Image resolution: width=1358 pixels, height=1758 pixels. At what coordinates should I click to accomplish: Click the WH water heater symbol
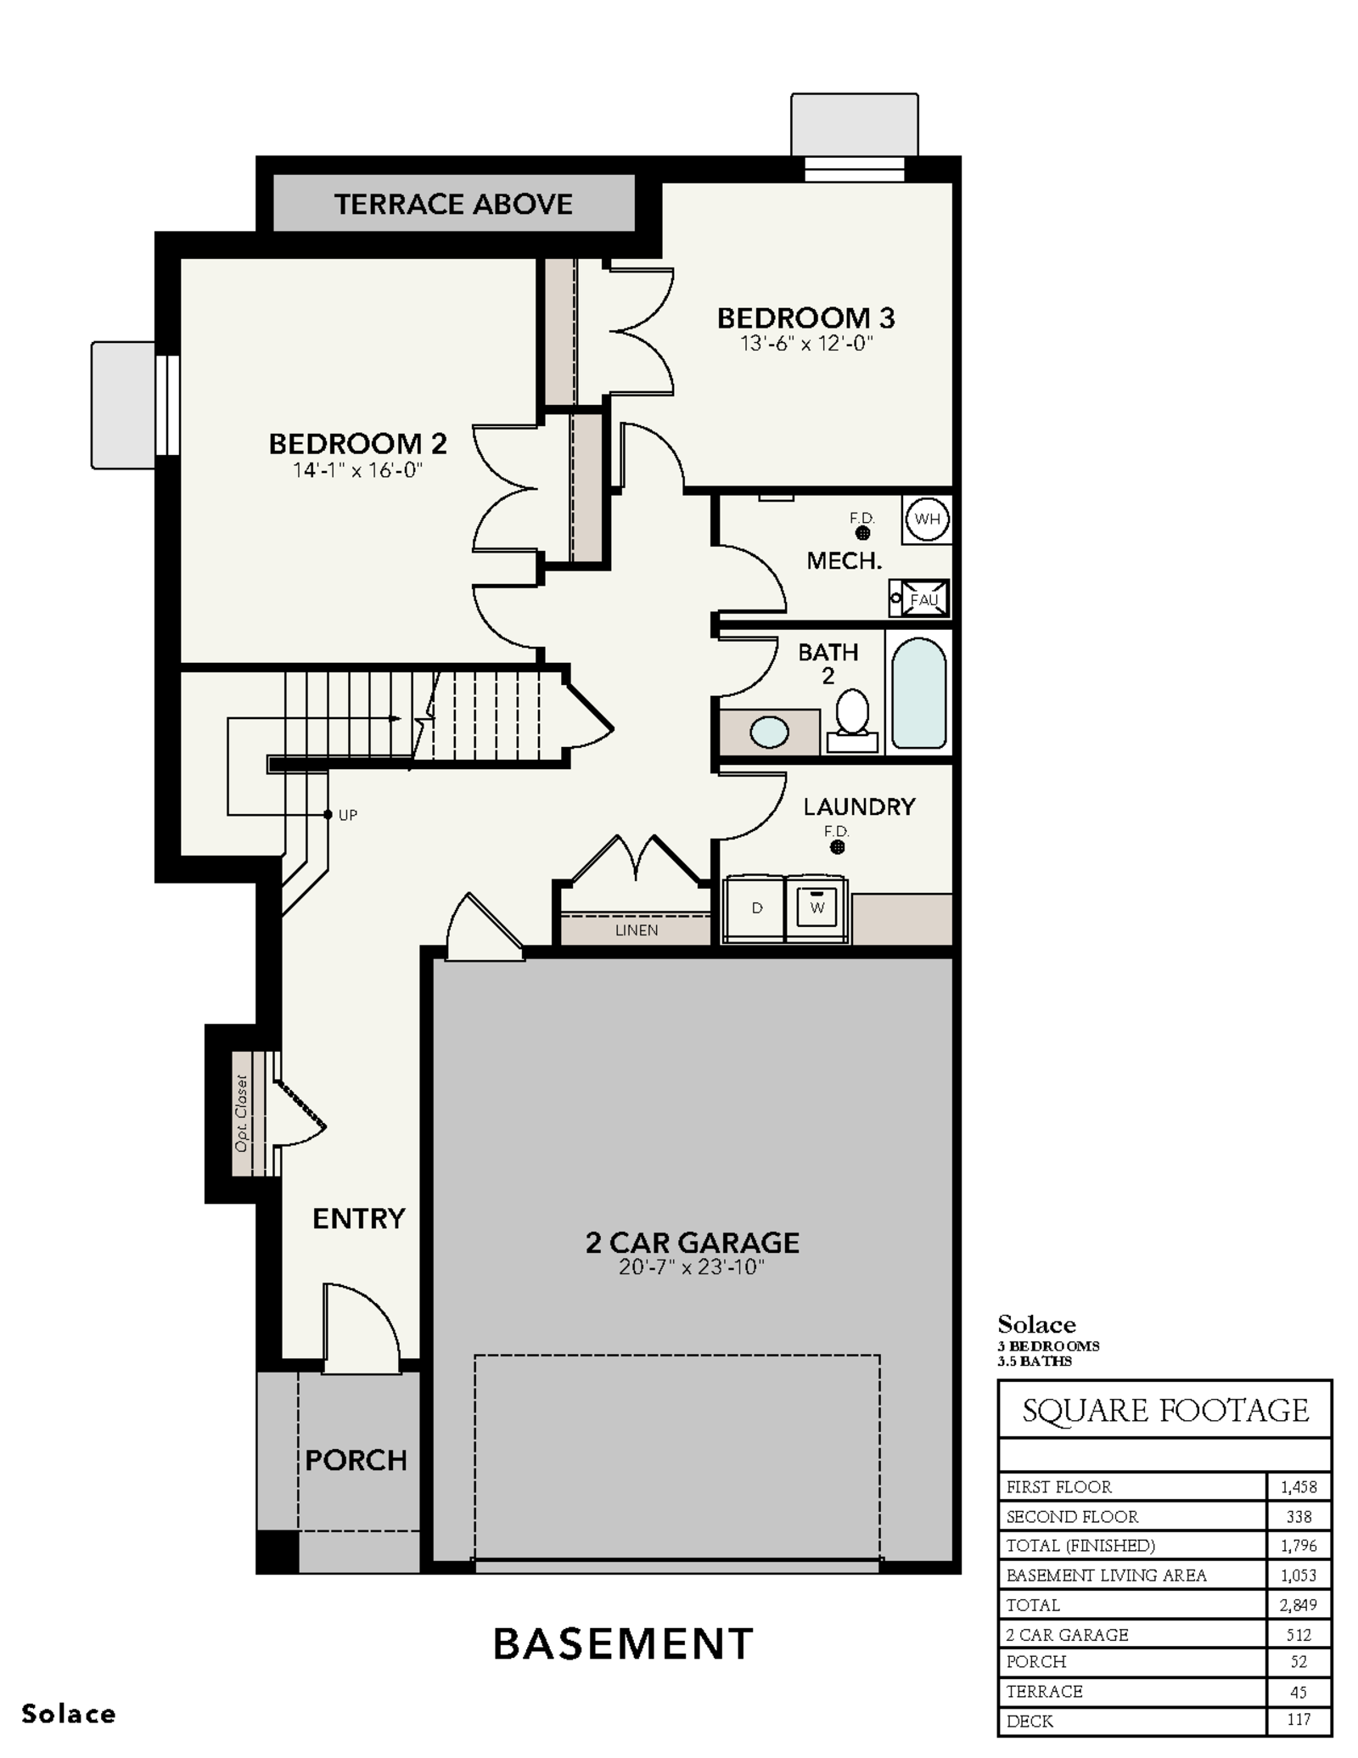(x=927, y=519)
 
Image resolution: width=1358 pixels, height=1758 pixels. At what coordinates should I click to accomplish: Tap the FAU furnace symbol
(x=920, y=598)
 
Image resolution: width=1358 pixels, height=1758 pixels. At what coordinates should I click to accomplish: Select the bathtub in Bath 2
(x=919, y=693)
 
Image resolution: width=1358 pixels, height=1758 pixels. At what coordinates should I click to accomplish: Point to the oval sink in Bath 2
(x=769, y=732)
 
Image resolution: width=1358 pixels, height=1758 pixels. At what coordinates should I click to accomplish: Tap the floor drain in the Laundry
(x=837, y=847)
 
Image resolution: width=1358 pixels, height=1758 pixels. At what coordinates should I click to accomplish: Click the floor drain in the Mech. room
(x=862, y=533)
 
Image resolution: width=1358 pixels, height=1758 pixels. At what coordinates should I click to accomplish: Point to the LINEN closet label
(x=637, y=930)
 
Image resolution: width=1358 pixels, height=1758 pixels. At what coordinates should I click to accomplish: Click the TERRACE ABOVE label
(x=453, y=205)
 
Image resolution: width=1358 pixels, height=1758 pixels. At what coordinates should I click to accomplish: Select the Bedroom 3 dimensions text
(x=805, y=344)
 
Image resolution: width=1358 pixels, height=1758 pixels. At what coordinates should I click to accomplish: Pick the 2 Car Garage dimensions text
(x=692, y=1267)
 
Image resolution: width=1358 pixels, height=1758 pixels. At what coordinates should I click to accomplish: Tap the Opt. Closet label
(x=242, y=1113)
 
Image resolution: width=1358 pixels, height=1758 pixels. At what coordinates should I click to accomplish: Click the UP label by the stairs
(x=348, y=815)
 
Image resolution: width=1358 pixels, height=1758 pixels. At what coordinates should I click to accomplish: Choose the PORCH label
(x=356, y=1460)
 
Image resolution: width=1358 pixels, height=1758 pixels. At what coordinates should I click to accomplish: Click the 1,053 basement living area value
(x=1299, y=1575)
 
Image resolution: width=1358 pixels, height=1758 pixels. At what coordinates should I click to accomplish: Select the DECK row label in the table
(x=1030, y=1721)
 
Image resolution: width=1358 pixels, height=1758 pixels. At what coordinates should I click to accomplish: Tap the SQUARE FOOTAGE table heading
(x=1165, y=1411)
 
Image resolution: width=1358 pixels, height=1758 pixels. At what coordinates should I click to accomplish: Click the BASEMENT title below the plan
(x=623, y=1644)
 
